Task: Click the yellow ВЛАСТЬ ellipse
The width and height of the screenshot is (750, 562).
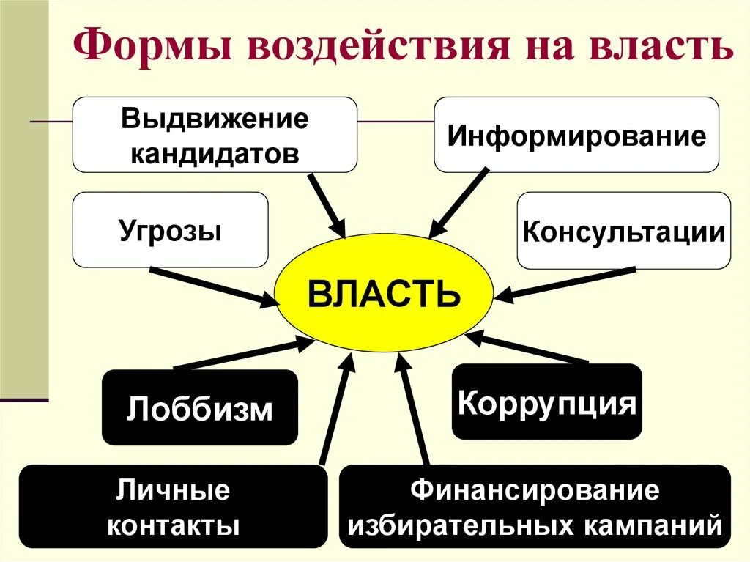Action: [x=384, y=294]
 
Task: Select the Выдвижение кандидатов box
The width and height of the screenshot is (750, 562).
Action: [x=215, y=136]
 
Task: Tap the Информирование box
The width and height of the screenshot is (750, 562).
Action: [x=576, y=136]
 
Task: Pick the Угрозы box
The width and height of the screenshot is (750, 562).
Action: [x=170, y=229]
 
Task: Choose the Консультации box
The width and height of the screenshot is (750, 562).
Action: [x=623, y=231]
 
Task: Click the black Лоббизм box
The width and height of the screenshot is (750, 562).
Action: [x=199, y=407]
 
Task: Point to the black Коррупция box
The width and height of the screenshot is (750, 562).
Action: [x=546, y=402]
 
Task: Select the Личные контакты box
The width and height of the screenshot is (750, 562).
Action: [x=173, y=506]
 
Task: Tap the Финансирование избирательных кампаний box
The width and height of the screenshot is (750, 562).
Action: [x=535, y=506]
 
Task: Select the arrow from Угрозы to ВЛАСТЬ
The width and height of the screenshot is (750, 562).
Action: [x=212, y=285]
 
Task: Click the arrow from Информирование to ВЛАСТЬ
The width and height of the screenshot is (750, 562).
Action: [x=458, y=203]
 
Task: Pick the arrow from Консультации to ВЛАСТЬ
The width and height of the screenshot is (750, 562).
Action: [x=568, y=284]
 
